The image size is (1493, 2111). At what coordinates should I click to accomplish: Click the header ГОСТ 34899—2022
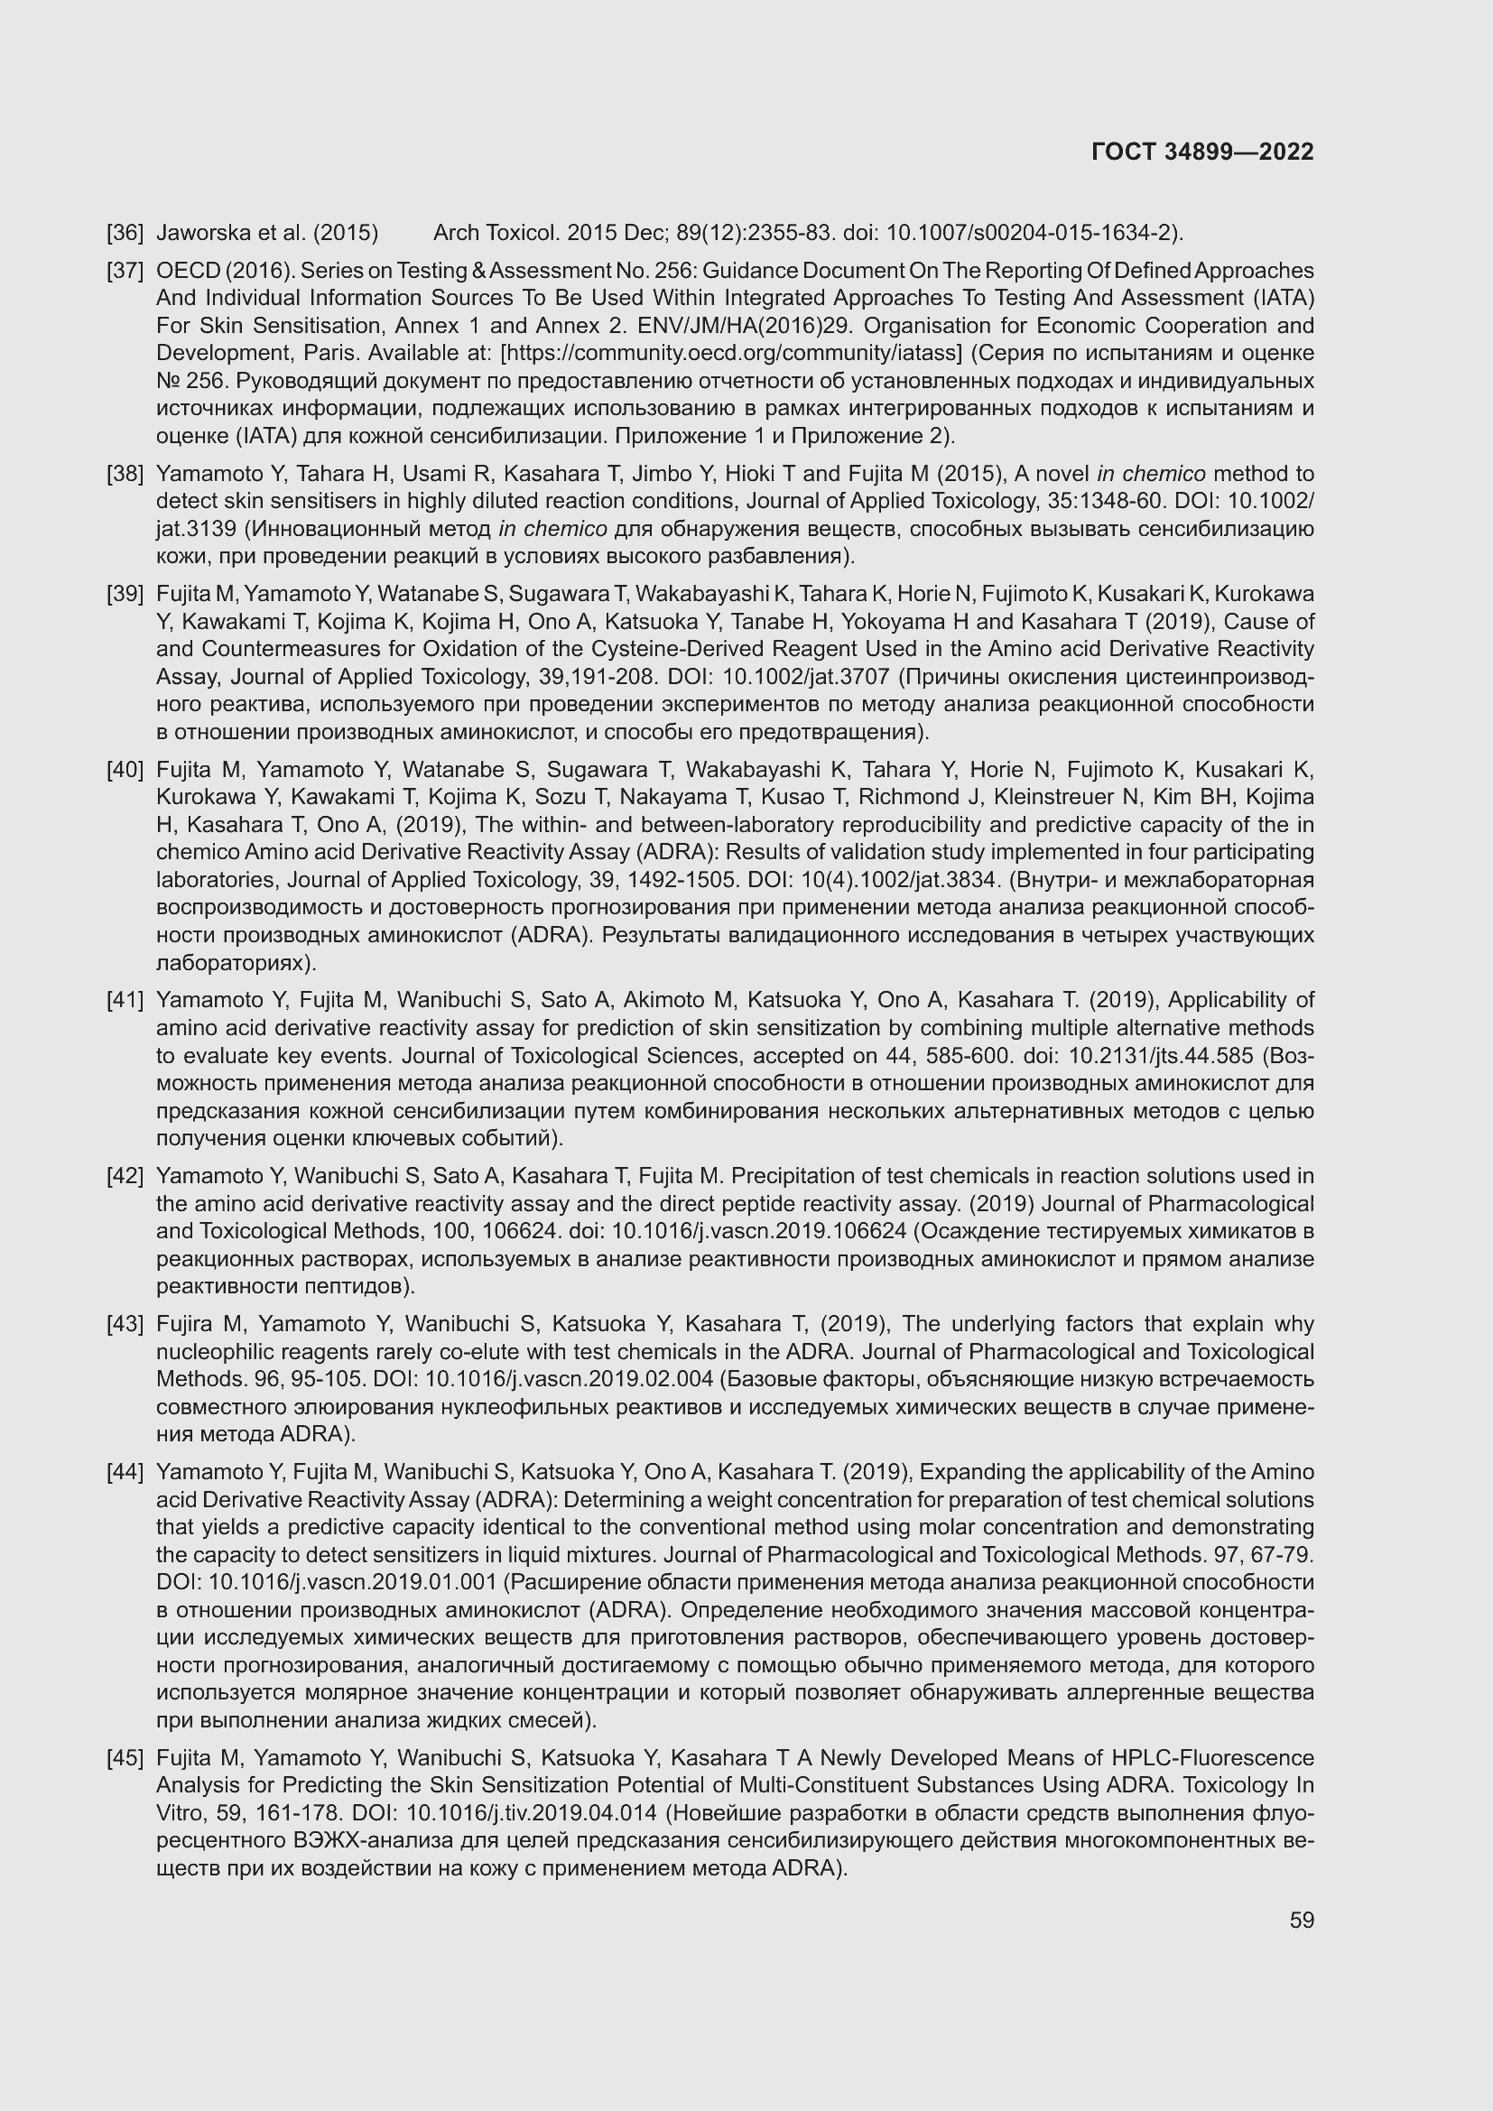tap(1201, 152)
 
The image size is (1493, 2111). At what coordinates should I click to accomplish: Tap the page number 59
tap(1301, 1920)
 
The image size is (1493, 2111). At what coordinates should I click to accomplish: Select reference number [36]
tap(125, 233)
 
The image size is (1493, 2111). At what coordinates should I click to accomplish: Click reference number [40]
tap(125, 769)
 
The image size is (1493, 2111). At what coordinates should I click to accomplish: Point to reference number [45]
tap(125, 1757)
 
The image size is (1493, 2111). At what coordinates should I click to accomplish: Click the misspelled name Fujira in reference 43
tap(185, 1324)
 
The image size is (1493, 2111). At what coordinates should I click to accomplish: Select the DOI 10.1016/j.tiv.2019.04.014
tap(532, 1813)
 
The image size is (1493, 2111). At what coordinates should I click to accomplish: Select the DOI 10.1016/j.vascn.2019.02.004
tap(569, 1379)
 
